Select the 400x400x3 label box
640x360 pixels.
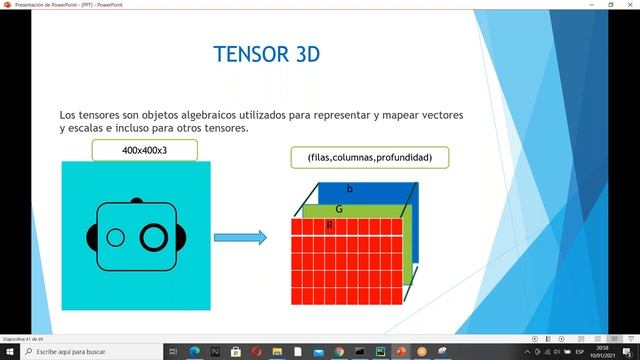coord(145,150)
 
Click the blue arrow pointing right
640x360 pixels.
coord(240,237)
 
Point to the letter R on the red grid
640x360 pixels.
coord(329,226)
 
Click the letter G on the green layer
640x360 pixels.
coord(339,209)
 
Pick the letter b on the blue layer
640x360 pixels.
coord(349,189)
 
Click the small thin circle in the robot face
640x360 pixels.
coord(116,237)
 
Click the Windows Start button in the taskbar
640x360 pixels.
coord(10,352)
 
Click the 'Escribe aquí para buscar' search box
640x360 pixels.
coord(90,352)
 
